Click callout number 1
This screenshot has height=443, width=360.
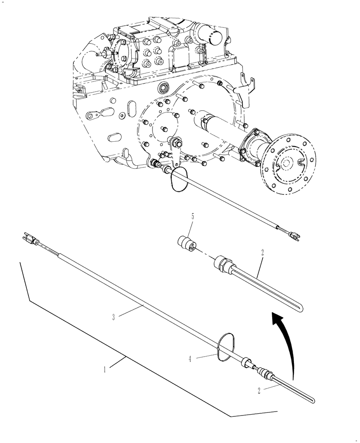click(105, 369)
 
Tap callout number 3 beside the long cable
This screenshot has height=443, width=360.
click(113, 316)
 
